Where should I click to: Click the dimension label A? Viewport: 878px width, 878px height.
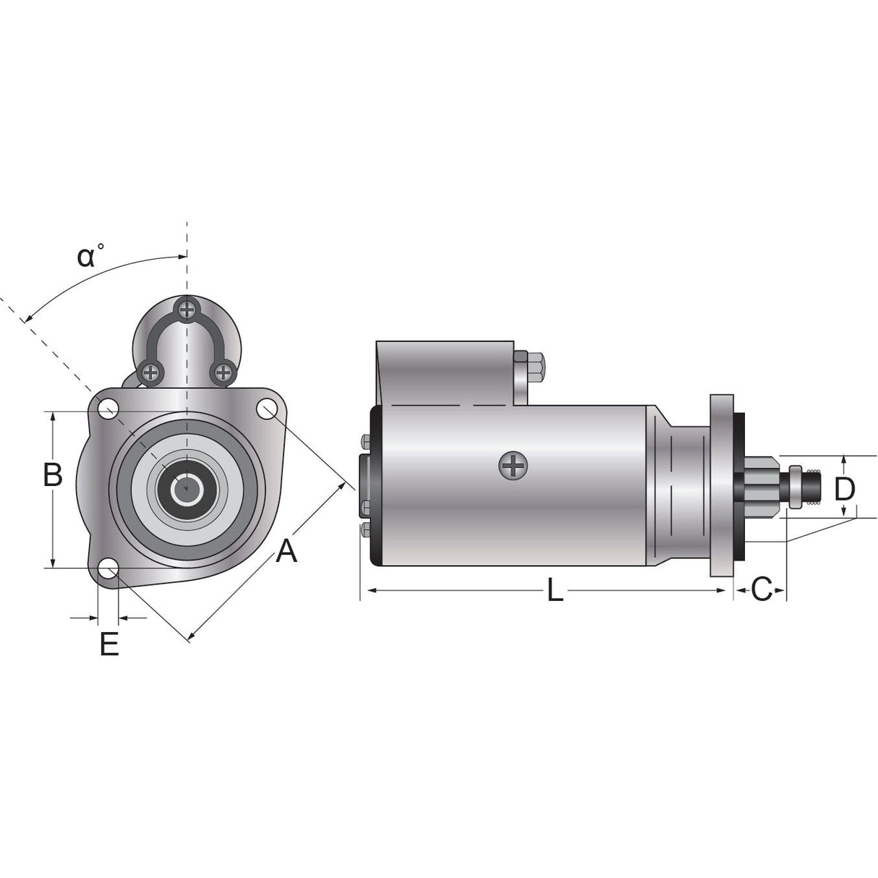[x=286, y=550]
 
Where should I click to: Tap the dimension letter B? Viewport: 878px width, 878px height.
[x=52, y=474]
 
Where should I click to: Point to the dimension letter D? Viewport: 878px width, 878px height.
[x=845, y=489]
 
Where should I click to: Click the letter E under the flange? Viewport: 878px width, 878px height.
[x=109, y=644]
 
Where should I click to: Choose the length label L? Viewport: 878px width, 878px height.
[x=555, y=589]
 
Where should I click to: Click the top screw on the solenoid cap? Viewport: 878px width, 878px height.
[x=187, y=310]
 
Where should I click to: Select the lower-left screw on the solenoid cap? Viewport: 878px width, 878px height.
[x=150, y=372]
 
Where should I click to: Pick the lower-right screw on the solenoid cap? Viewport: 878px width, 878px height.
[x=223, y=372]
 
